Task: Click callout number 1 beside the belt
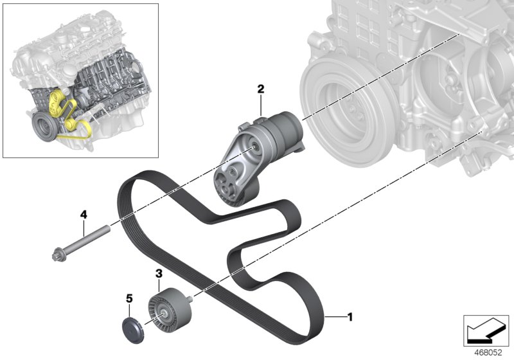coord(350,316)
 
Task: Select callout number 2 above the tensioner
coord(261,89)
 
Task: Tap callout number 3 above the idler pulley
coord(158,274)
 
